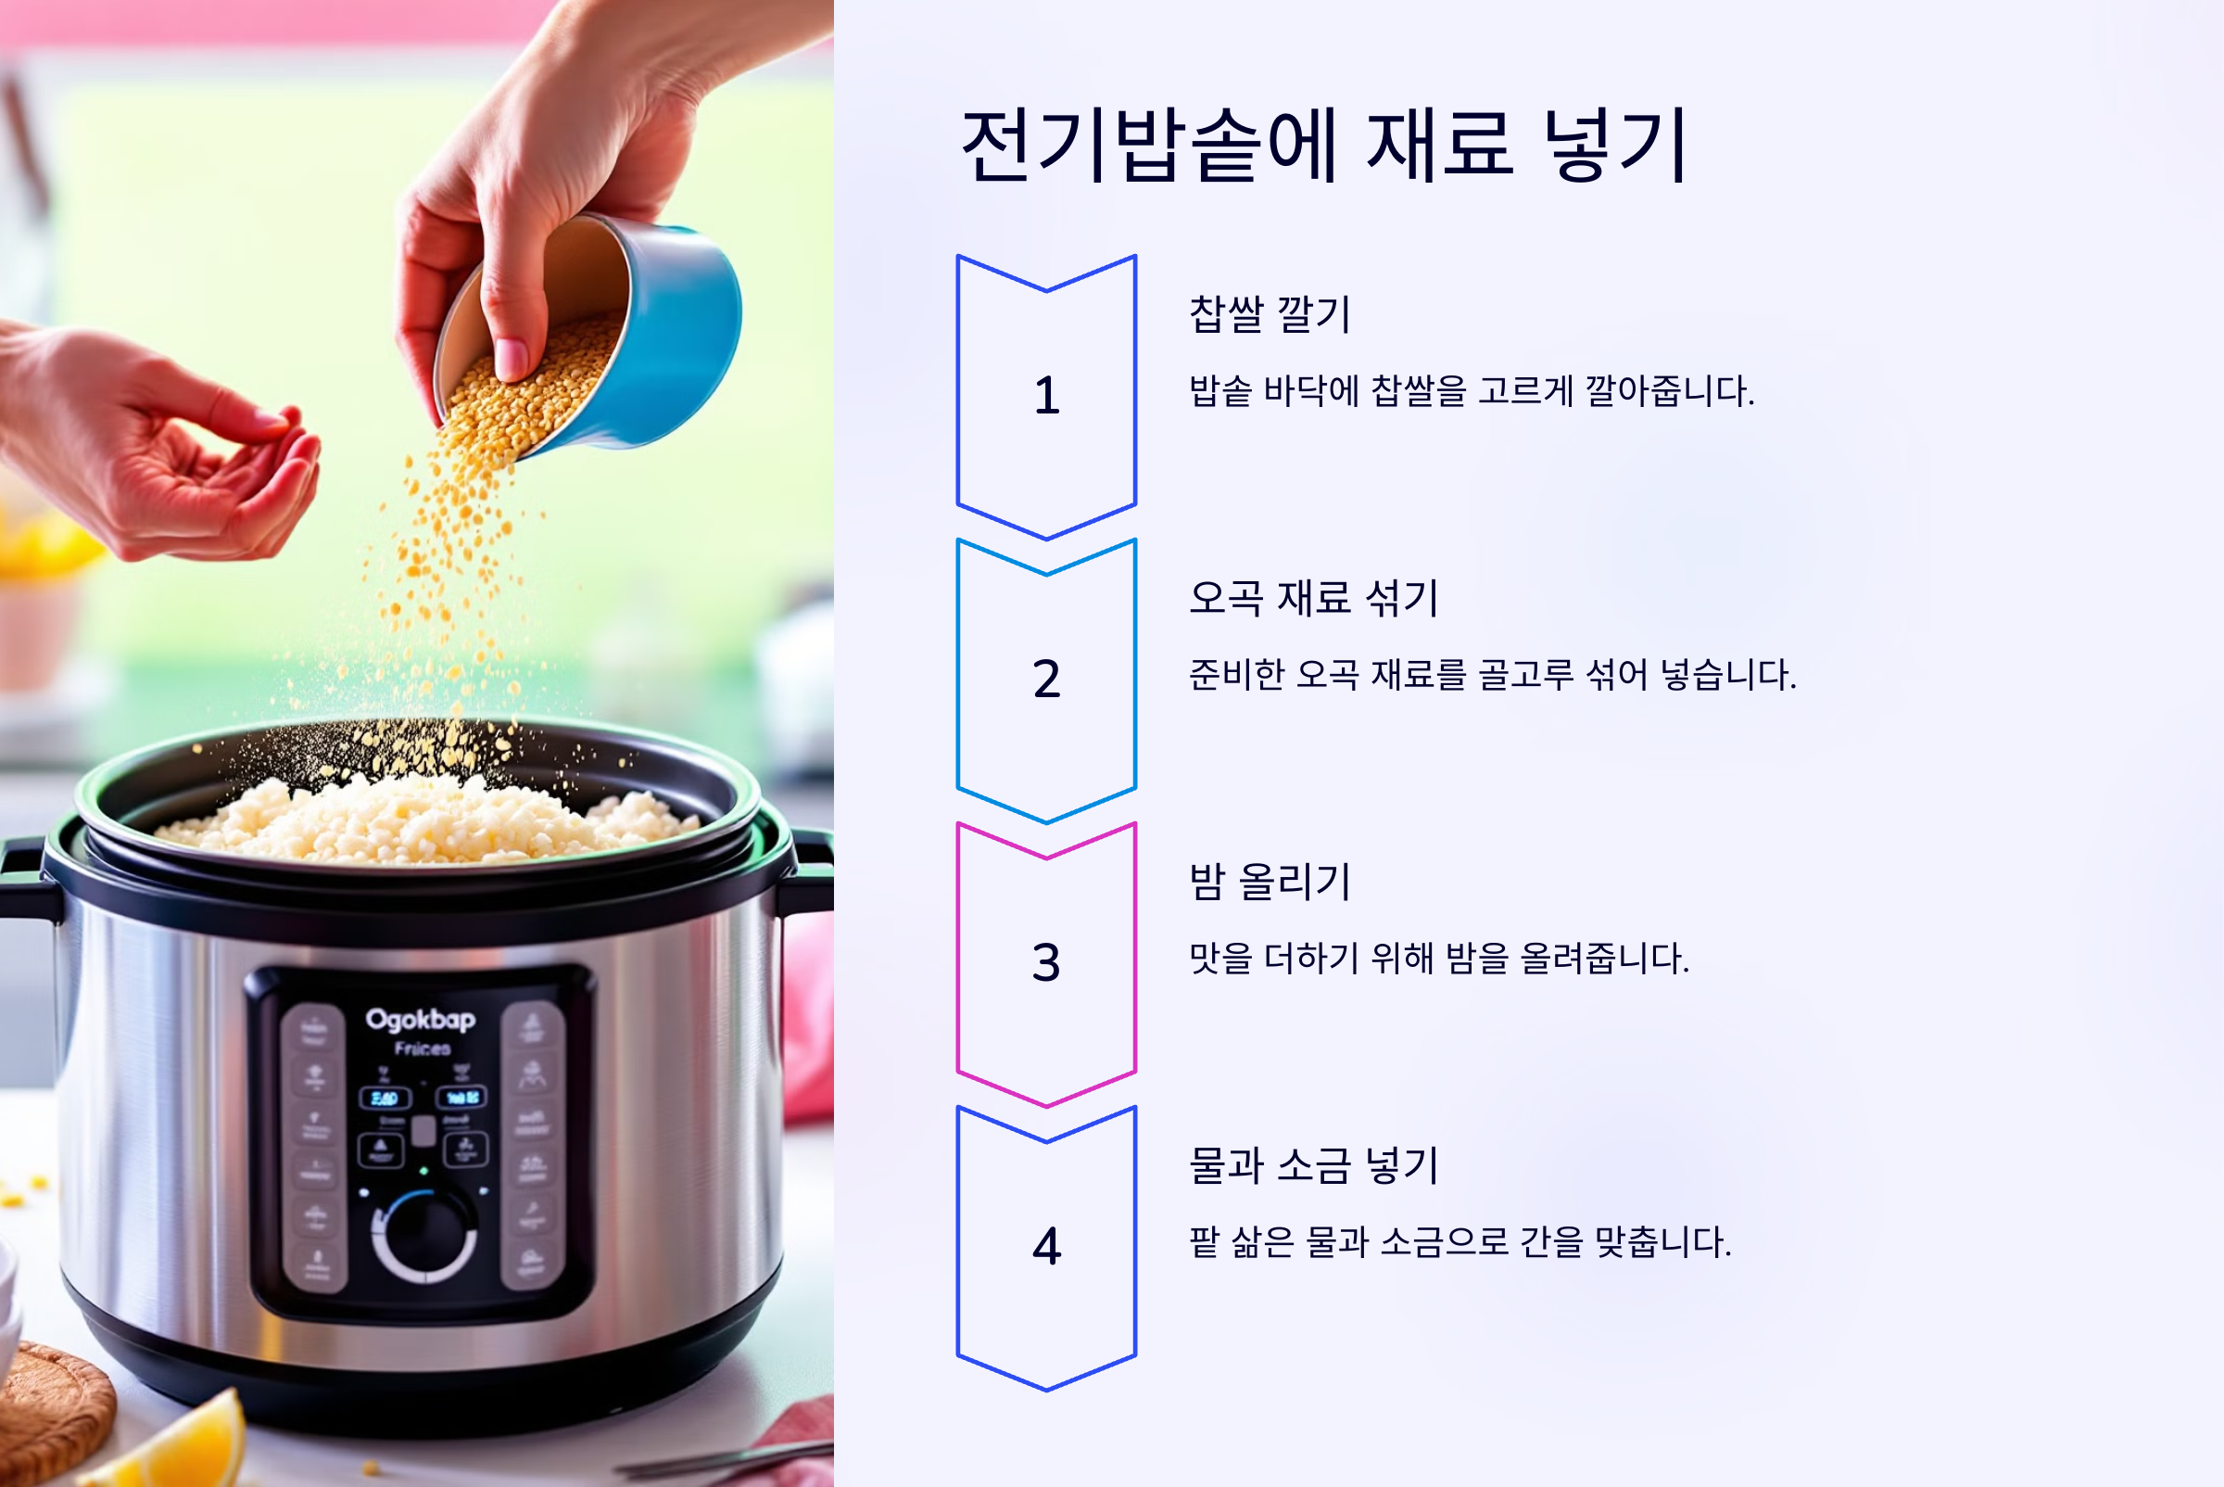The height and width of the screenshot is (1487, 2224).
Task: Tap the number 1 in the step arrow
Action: (1045, 396)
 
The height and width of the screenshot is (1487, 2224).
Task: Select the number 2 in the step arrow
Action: (1045, 679)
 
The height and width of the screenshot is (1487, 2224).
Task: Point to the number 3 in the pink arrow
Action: (1045, 962)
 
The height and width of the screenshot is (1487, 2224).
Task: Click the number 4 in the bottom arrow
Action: (1045, 1246)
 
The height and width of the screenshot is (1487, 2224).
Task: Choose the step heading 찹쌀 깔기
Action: (1270, 314)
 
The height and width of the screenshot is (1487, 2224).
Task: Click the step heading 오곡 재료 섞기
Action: (1313, 597)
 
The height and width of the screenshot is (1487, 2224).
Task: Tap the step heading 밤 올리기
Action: (1270, 881)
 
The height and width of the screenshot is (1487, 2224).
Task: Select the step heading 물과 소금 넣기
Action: (1313, 1164)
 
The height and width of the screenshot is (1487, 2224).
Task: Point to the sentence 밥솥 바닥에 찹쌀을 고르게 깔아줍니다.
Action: (1472, 390)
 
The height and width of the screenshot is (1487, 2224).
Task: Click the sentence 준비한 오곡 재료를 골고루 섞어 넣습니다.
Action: (1492, 674)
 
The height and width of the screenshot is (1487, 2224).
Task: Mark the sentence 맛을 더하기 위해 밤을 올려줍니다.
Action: (1438, 958)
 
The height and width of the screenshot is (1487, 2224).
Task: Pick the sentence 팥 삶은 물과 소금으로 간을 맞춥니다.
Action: (1459, 1241)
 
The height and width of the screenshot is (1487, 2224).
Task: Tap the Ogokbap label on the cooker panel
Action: (420, 1021)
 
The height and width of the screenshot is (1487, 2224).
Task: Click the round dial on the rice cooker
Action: (423, 1236)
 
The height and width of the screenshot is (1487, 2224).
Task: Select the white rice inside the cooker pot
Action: (417, 820)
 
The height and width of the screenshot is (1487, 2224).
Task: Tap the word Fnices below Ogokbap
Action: (422, 1049)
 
